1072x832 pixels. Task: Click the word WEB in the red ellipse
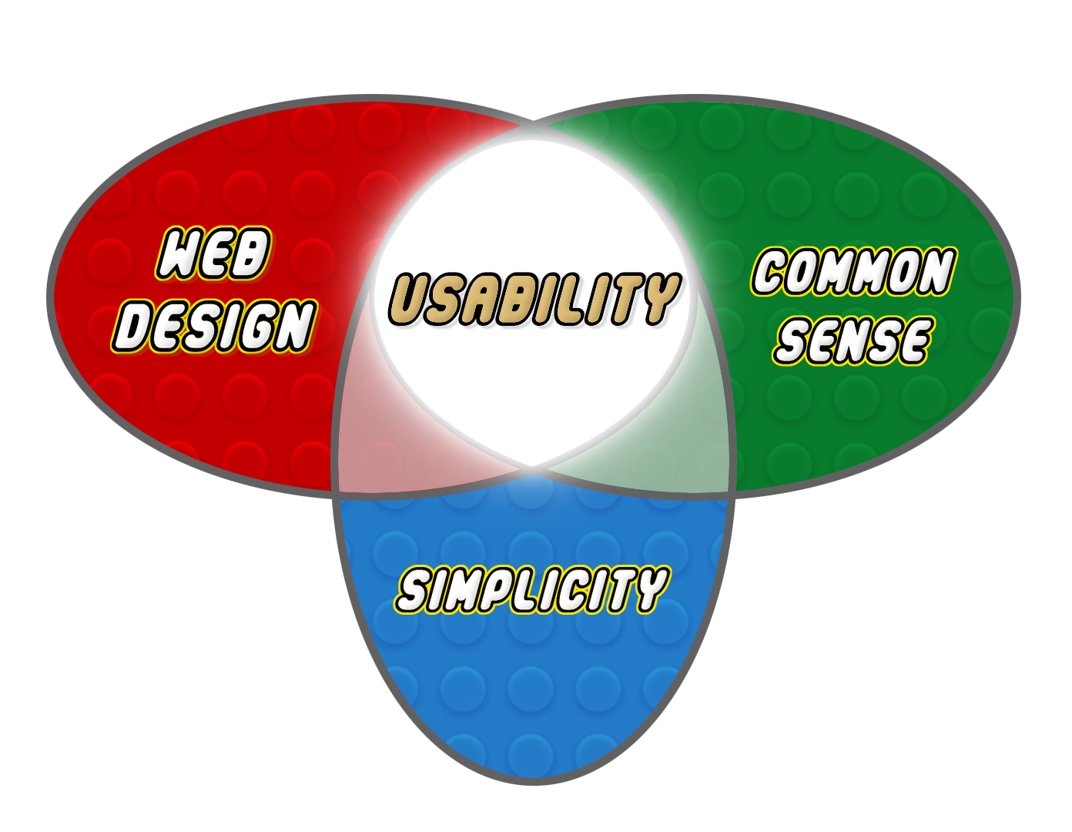pyautogui.click(x=214, y=253)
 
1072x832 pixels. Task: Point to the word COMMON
pyautogui.click(x=853, y=272)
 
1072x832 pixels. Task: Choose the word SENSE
pyautogui.click(x=853, y=340)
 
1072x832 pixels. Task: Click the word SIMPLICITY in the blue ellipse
pyautogui.click(x=532, y=590)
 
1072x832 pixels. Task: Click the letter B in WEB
pyautogui.click(x=251, y=253)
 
